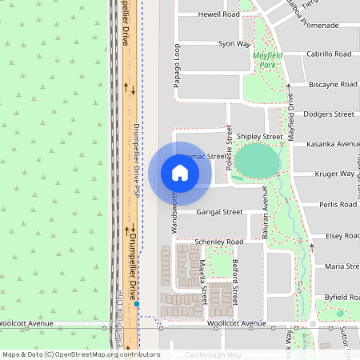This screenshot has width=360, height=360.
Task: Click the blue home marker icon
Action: coord(179,173)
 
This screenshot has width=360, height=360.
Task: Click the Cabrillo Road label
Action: coord(329,54)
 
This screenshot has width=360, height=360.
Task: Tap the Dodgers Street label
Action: coord(329,114)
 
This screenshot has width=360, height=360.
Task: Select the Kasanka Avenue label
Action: coord(334,144)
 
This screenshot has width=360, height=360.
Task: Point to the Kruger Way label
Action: coord(336,174)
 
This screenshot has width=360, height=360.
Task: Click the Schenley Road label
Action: coord(218,242)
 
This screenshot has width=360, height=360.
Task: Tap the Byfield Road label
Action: coord(342,296)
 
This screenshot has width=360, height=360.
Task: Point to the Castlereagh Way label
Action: coord(213,354)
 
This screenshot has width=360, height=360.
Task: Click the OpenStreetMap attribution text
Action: coord(81,354)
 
